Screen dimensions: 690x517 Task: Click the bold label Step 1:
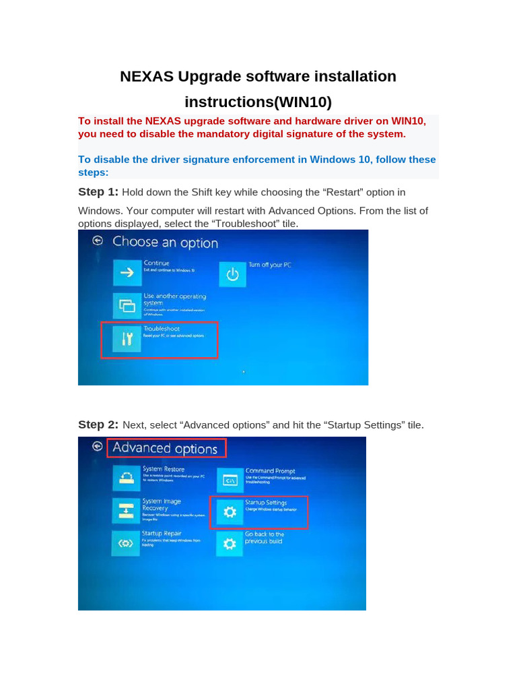click(98, 192)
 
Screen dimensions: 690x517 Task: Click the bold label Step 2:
click(98, 425)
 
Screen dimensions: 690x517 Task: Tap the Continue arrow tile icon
click(127, 273)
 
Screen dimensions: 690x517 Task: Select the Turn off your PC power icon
click(232, 274)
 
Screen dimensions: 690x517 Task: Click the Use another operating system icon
click(127, 306)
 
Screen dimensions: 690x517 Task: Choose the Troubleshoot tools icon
click(127, 340)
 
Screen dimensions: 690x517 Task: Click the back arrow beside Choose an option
click(98, 240)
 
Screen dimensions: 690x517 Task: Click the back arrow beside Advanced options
click(98, 446)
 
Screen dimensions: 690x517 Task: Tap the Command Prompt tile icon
click(230, 480)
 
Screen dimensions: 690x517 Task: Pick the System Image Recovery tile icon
click(126, 511)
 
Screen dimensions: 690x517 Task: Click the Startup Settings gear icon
click(230, 513)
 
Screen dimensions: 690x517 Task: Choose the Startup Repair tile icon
click(126, 543)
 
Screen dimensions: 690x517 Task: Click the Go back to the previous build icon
click(230, 543)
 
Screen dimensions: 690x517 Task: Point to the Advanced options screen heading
click(165, 448)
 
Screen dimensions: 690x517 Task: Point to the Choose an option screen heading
click(165, 242)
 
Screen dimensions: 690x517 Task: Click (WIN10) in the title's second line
click(300, 102)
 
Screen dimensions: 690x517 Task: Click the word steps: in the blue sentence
click(93, 172)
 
